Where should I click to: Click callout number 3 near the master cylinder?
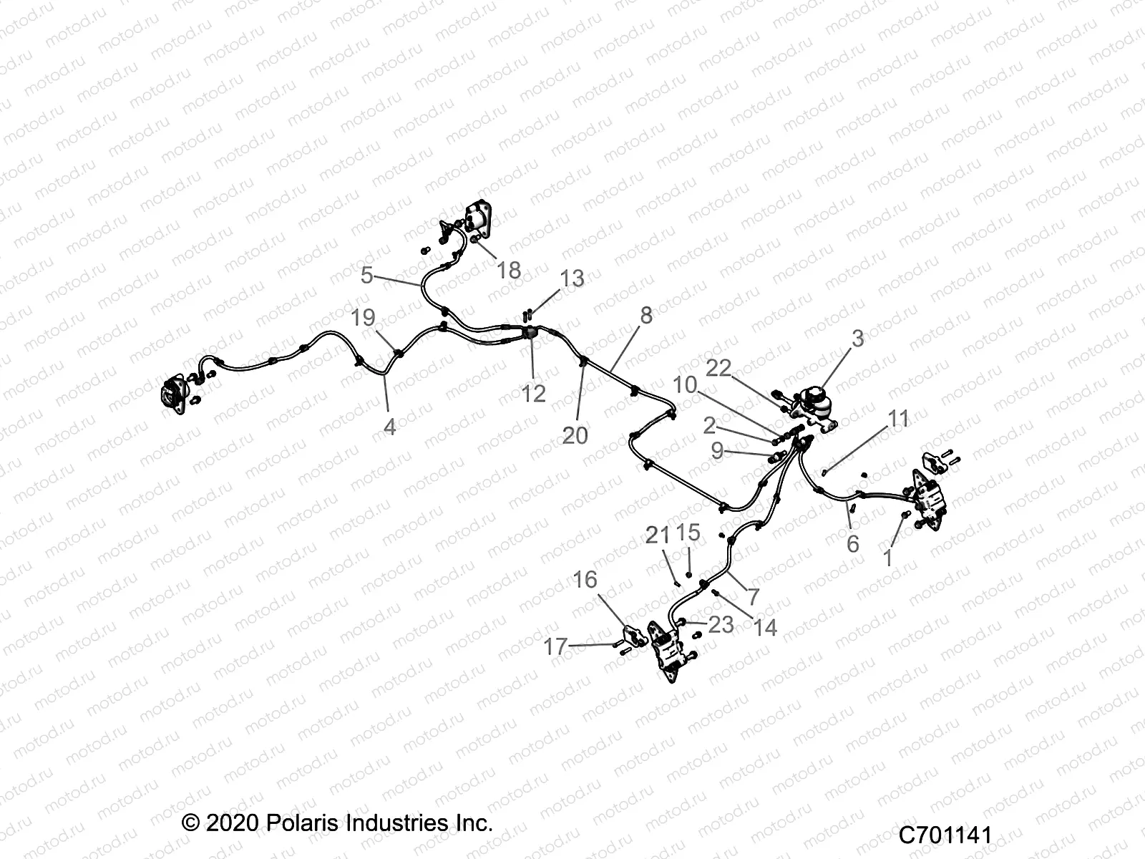pos(857,339)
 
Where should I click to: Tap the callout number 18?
pos(509,270)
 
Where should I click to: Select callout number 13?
pos(572,278)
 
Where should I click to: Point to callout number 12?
pos(534,393)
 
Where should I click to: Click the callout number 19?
pos(364,318)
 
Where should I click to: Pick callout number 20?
pos(575,435)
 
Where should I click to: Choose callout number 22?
pos(719,368)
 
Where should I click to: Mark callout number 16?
pos(585,580)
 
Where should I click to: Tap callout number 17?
pos(555,647)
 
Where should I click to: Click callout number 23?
pos(721,624)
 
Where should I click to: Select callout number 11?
pos(898,419)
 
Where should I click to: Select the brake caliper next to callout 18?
pos(479,218)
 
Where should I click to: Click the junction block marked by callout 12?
pos(531,333)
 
